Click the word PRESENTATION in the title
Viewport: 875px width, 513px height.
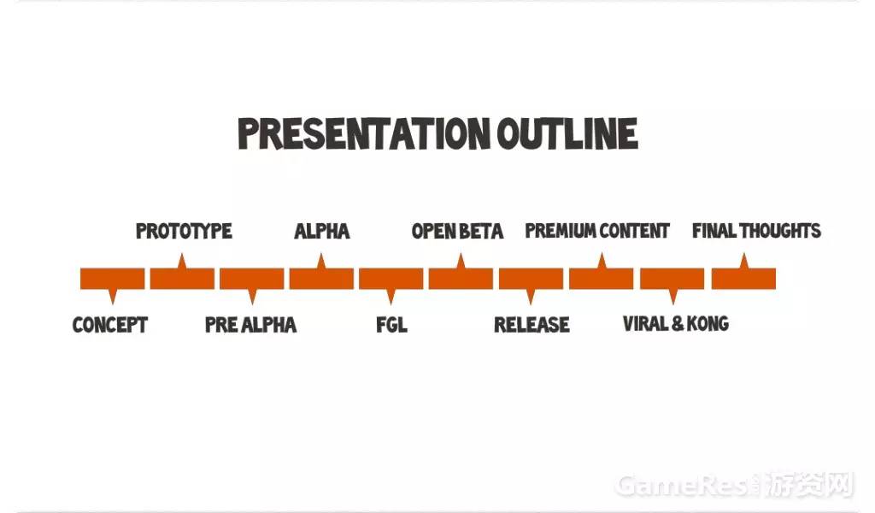(x=364, y=133)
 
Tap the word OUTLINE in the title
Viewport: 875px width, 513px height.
(x=567, y=133)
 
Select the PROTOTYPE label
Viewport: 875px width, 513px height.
(x=184, y=231)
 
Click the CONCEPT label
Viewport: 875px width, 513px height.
(x=110, y=325)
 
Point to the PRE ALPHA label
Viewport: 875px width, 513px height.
(x=250, y=325)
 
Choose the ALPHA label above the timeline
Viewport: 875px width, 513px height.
(x=322, y=231)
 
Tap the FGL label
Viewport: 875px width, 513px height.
(x=391, y=325)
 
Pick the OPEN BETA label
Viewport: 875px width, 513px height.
(x=458, y=231)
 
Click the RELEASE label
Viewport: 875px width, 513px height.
(x=531, y=324)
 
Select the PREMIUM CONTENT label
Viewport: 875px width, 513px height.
(x=597, y=231)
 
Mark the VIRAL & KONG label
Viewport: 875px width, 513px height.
(x=676, y=324)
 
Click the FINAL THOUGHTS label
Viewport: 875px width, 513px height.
(x=756, y=231)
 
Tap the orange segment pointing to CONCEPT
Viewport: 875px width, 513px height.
(x=112, y=279)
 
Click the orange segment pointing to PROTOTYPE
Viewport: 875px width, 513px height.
(x=182, y=278)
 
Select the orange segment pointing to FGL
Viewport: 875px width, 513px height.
(x=391, y=279)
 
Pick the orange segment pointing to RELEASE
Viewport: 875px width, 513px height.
(x=531, y=279)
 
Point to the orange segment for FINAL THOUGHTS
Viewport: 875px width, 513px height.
(x=743, y=278)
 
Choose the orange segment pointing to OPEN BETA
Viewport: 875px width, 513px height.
(x=461, y=278)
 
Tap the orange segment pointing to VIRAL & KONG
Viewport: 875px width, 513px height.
(x=672, y=279)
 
